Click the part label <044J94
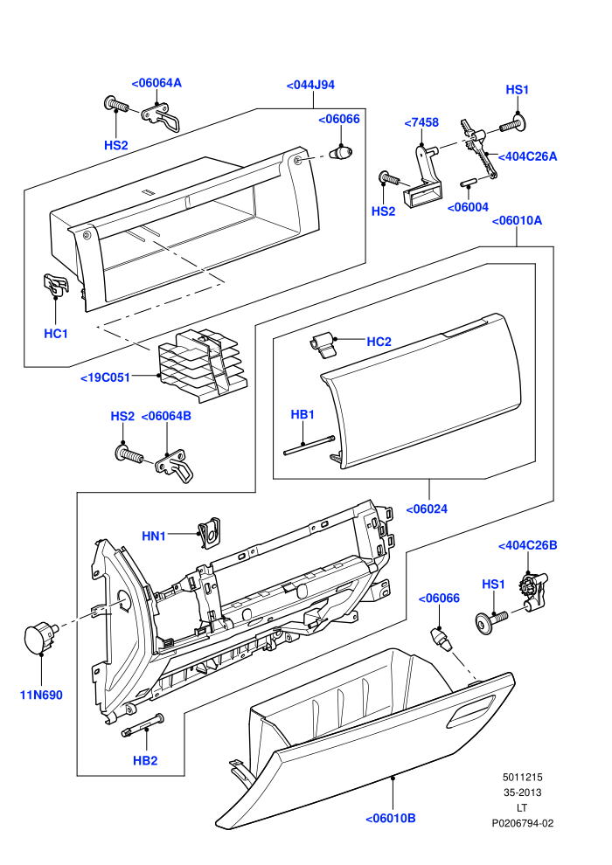pos(310,85)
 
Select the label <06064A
pos(156,83)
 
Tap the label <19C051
pos(106,377)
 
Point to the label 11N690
pos(41,695)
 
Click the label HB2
pos(145,760)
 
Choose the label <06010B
pos(391,818)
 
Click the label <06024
pos(427,509)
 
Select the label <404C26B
pos(527,545)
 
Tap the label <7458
pos(421,122)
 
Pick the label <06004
pos(468,207)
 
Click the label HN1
pos(154,536)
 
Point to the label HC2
pos(379,342)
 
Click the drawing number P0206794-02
pos(523,824)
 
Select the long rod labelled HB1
pos(309,446)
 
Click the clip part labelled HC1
pos(56,284)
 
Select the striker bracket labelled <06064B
pos(174,466)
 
